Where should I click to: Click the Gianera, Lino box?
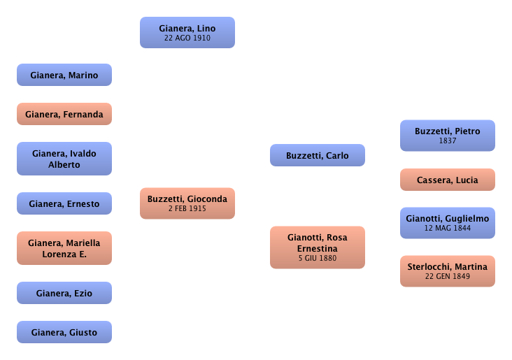click(187, 33)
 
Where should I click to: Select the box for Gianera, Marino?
click(64, 75)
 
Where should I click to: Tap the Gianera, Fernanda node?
click(64, 114)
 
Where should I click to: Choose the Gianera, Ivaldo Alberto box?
click(64, 159)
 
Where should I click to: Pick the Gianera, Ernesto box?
click(64, 204)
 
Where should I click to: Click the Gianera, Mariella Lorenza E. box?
click(64, 248)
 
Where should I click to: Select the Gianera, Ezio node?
click(64, 294)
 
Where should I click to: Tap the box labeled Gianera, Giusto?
click(64, 332)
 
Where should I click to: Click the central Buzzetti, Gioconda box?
click(187, 203)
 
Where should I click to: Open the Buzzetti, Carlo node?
click(317, 155)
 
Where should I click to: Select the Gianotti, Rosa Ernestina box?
click(317, 247)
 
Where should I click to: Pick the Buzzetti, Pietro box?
click(447, 135)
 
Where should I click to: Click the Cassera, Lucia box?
click(447, 180)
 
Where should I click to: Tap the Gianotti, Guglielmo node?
click(447, 222)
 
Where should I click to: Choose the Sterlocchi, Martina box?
click(447, 271)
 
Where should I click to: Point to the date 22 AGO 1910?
click(187, 38)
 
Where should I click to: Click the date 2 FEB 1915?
click(187, 208)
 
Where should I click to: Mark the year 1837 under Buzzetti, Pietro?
click(447, 141)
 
